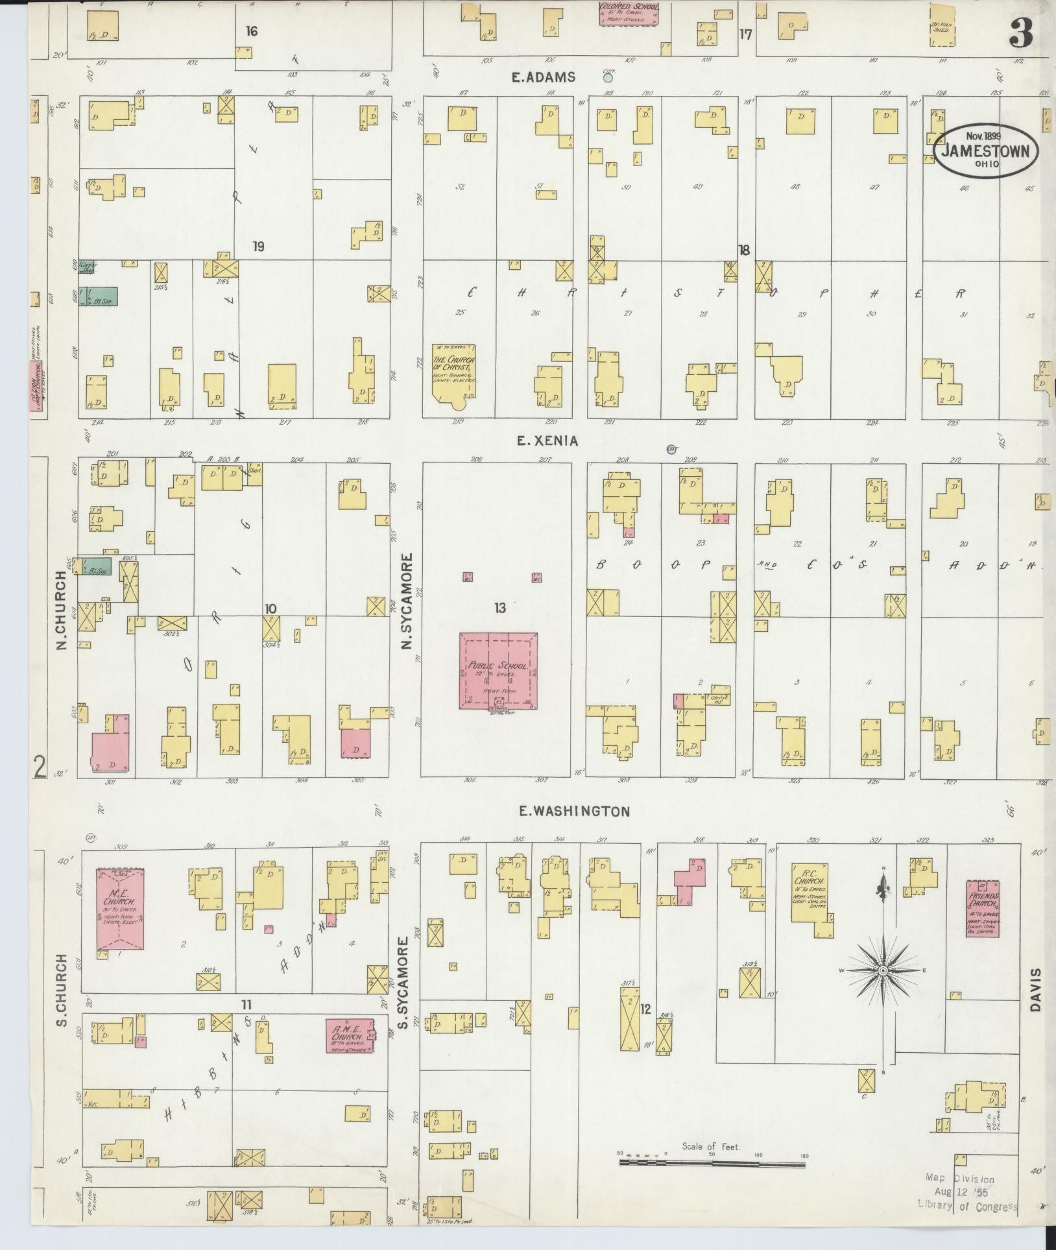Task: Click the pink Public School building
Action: pos(498,671)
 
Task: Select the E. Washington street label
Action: pos(575,810)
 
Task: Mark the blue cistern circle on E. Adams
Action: pos(608,78)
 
